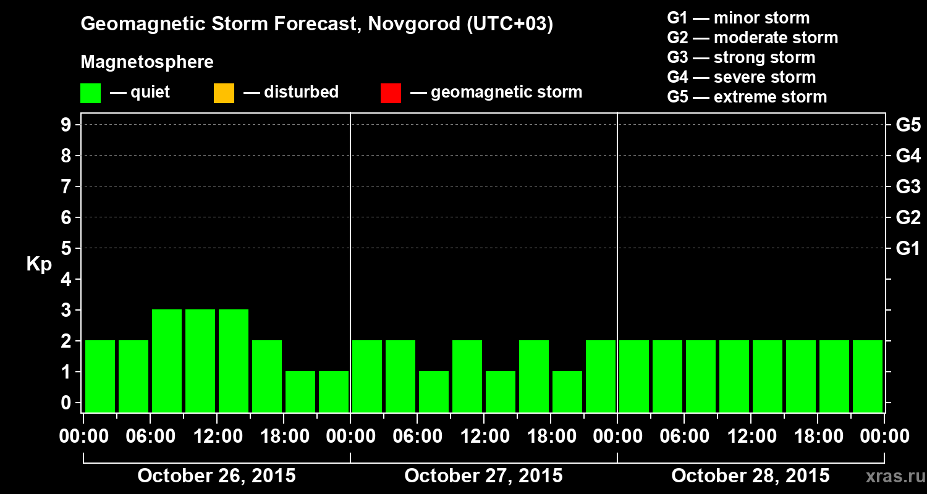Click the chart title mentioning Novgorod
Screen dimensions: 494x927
(316, 25)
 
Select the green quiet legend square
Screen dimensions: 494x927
(90, 93)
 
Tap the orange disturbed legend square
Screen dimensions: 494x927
(224, 93)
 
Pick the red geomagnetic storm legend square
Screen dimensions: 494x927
(391, 93)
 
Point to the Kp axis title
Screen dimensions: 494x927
(39, 264)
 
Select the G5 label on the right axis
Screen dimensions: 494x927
(908, 125)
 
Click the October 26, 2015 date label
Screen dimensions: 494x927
(216, 476)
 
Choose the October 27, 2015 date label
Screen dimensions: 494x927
(483, 476)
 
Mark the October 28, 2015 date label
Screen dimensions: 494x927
(750, 476)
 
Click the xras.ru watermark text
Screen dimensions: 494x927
(891, 477)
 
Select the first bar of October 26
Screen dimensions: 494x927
(100, 376)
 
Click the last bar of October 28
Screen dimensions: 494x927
(868, 376)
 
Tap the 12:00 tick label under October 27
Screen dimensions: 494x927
(484, 437)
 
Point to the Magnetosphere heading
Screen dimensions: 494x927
(147, 62)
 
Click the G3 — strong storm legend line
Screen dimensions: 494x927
(741, 57)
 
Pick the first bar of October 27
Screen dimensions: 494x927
(367, 376)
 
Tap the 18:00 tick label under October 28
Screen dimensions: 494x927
(818, 437)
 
